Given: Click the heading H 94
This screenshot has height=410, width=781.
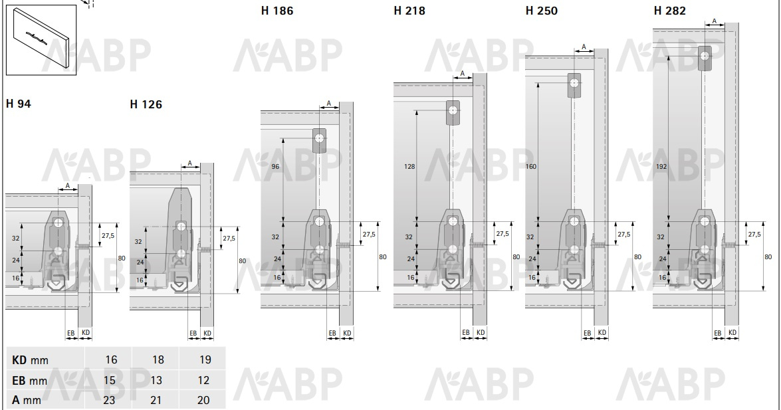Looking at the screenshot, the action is pos(19,104).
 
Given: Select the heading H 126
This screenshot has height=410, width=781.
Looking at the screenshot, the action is pos(146,104).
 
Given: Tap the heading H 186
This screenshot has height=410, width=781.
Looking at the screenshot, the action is pos(277,11).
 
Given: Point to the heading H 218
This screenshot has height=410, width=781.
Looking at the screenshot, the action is pos(409,11).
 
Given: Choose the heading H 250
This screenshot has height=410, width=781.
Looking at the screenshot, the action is pos(542,11).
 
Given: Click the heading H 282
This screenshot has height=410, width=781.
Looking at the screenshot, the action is pos(670,11).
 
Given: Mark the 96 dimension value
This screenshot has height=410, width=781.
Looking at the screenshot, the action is pos(275,167).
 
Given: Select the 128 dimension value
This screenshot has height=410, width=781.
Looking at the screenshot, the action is pos(409,167).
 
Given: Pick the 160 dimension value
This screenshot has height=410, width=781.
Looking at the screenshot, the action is pos(531,166).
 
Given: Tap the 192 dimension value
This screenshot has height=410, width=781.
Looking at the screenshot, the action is pos(662,166).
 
